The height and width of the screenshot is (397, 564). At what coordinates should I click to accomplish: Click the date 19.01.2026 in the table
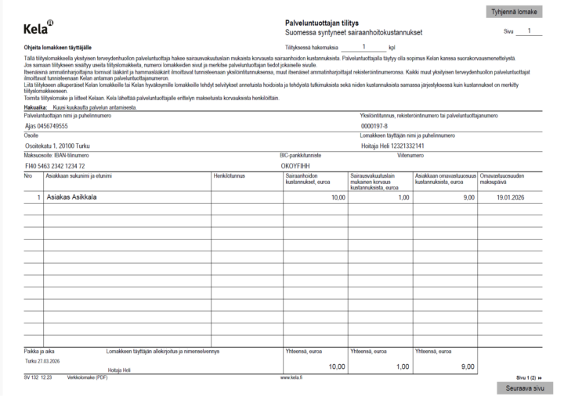click(x=515, y=198)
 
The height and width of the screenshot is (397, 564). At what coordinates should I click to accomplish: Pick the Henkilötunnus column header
click(x=230, y=176)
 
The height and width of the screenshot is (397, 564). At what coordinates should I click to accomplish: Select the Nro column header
click(x=29, y=176)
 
